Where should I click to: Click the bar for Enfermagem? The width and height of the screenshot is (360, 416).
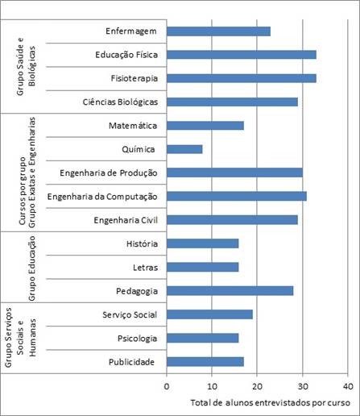click(x=218, y=31)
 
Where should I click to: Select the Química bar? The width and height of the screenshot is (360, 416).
click(x=184, y=149)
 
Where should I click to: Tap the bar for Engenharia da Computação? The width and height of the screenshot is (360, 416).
click(x=237, y=197)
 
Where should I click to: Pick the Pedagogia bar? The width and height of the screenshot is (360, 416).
click(x=230, y=291)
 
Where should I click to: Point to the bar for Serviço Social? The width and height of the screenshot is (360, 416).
click(x=209, y=314)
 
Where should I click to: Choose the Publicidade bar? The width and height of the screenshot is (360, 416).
click(x=205, y=362)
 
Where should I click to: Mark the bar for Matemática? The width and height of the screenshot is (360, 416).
click(x=205, y=126)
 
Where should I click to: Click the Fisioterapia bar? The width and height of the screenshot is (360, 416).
click(x=242, y=78)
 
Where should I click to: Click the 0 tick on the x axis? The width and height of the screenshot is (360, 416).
click(x=167, y=386)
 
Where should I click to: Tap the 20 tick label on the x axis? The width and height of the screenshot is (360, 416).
click(x=257, y=386)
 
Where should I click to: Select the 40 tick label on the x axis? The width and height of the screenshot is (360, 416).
click(x=348, y=386)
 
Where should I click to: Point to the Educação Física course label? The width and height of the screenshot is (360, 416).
click(x=126, y=55)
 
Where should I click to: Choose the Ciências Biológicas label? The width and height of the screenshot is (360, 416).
click(x=120, y=102)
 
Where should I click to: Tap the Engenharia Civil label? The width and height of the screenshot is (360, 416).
click(x=126, y=220)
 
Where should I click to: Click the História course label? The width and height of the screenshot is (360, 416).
click(x=142, y=243)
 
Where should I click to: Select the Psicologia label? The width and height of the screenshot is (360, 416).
click(x=137, y=339)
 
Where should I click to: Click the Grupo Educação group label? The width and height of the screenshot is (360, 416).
click(x=32, y=268)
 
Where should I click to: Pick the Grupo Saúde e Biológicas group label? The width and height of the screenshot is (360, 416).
click(x=26, y=67)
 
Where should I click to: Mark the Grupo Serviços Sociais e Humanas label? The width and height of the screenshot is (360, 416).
click(x=20, y=338)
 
